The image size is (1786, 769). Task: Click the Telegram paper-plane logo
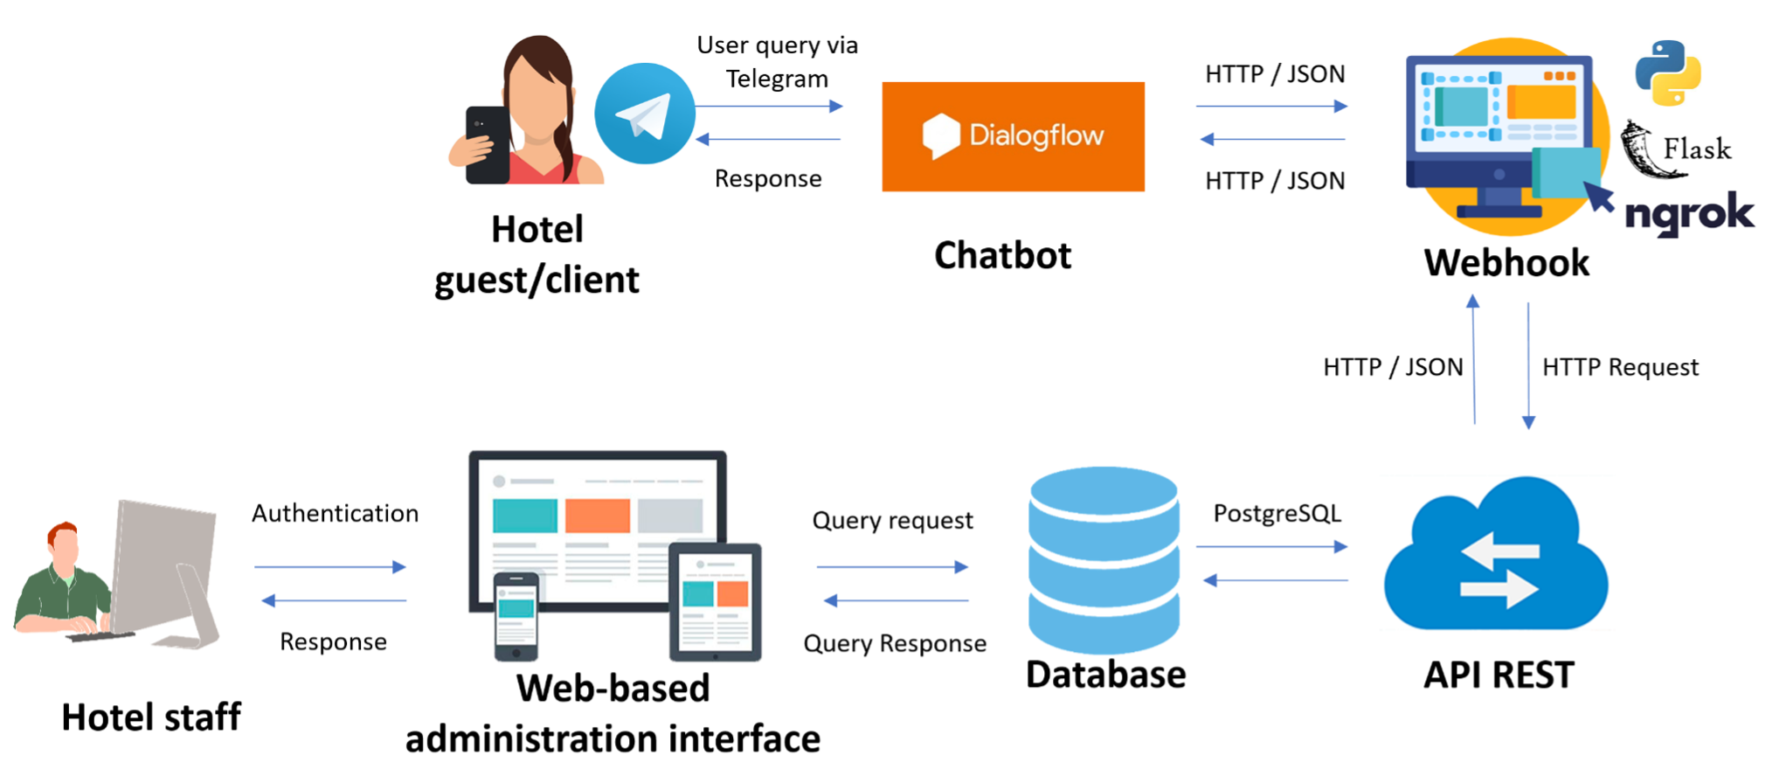(x=645, y=114)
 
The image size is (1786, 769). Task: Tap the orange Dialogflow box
(x=1013, y=136)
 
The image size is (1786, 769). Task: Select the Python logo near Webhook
(x=1668, y=73)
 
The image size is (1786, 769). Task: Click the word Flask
(x=1697, y=149)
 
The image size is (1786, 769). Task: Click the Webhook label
(x=1506, y=263)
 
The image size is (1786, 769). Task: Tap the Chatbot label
(x=1002, y=255)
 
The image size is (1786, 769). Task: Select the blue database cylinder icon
(x=1104, y=560)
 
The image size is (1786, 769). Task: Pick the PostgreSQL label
(x=1277, y=513)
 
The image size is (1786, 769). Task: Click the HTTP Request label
(x=1620, y=367)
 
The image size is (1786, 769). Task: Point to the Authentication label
(x=335, y=513)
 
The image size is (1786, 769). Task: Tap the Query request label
(x=892, y=521)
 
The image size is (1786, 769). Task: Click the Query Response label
(x=895, y=644)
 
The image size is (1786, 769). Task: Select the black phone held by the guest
(x=487, y=145)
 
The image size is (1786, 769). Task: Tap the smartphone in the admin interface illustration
(x=516, y=616)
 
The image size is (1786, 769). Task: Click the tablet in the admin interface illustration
(x=715, y=601)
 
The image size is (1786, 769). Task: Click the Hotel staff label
(x=151, y=717)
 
